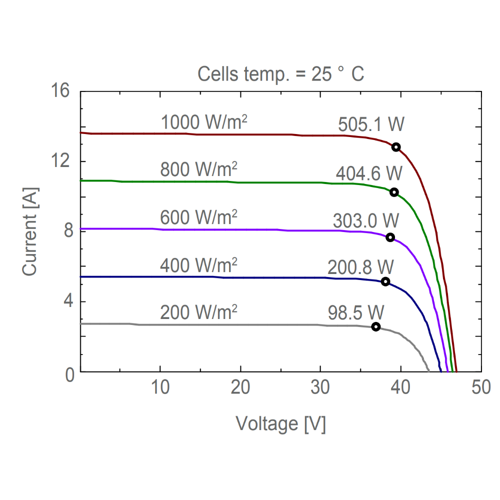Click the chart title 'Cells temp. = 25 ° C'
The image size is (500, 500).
point(281,75)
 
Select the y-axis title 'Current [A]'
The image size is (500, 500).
point(30,231)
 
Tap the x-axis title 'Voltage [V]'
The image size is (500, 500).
point(281,424)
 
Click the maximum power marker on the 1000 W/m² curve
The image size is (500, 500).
point(396,147)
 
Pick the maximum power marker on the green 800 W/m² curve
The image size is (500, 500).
point(394,192)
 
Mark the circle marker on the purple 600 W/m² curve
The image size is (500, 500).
point(390,237)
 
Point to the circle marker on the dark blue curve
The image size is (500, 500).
point(385,281)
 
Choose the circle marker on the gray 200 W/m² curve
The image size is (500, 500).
point(376,326)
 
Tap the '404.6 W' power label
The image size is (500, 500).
point(369,174)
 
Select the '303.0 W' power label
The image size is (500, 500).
point(365,220)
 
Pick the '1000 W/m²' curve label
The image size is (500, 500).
point(204,122)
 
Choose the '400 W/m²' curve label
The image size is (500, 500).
point(198,265)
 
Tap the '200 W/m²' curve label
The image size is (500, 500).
point(198,312)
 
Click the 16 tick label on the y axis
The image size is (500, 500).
point(60,92)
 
